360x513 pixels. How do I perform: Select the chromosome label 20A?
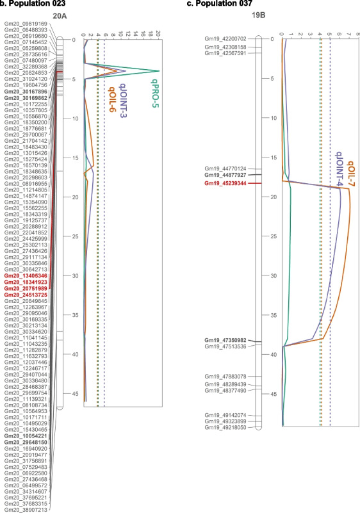[x=59, y=17]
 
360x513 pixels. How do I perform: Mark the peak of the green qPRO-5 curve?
[x=159, y=71]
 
